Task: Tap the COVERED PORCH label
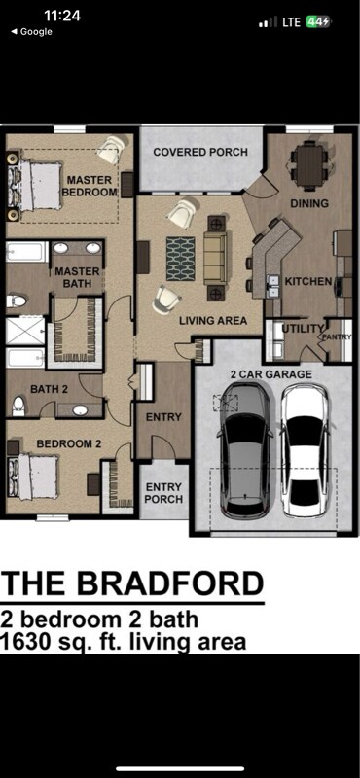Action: pos(199,153)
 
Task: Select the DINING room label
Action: pos(309,204)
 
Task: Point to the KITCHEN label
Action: pos(307,282)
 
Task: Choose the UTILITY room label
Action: pos(296,329)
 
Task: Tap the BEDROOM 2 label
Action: pos(69,444)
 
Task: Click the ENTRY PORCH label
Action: pos(163,493)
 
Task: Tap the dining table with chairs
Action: pos(310,165)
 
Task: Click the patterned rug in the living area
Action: pos(179,258)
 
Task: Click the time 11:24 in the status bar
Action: pos(62,16)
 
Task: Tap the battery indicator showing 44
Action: pos(318,21)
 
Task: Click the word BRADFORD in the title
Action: pos(183,583)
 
